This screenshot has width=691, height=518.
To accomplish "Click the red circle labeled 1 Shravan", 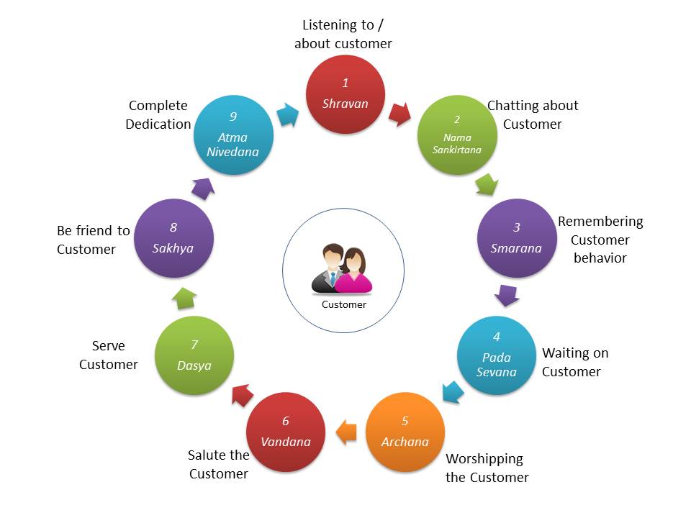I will point(345,94).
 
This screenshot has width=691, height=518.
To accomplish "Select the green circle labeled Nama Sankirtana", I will point(457,135).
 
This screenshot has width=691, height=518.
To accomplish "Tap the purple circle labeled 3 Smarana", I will point(516,238).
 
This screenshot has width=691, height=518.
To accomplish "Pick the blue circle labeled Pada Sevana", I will point(497,355).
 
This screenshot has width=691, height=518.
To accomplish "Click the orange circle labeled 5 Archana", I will point(405,432).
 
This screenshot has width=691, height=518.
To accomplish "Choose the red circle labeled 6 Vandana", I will point(286,432).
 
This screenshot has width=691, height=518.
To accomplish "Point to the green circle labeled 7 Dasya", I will point(194,355).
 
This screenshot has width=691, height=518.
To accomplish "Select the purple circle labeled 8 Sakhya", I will point(174,238).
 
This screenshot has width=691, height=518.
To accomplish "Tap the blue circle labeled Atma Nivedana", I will point(234,135).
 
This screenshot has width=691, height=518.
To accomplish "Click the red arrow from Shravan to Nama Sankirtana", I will point(400,113).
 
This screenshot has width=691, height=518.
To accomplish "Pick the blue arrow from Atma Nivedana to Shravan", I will point(289,114).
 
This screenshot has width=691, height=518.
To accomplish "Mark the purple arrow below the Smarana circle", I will point(507,295).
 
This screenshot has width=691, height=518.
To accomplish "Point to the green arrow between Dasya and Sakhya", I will point(185,296).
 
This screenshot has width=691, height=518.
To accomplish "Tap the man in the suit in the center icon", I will point(330,271).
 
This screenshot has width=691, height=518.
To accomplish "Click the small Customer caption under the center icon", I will point(344,304).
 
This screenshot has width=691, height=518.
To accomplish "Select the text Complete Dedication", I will point(158,114).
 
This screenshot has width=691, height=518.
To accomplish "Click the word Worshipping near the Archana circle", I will point(484,458).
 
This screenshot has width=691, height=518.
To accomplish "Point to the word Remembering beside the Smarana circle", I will point(600,221).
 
